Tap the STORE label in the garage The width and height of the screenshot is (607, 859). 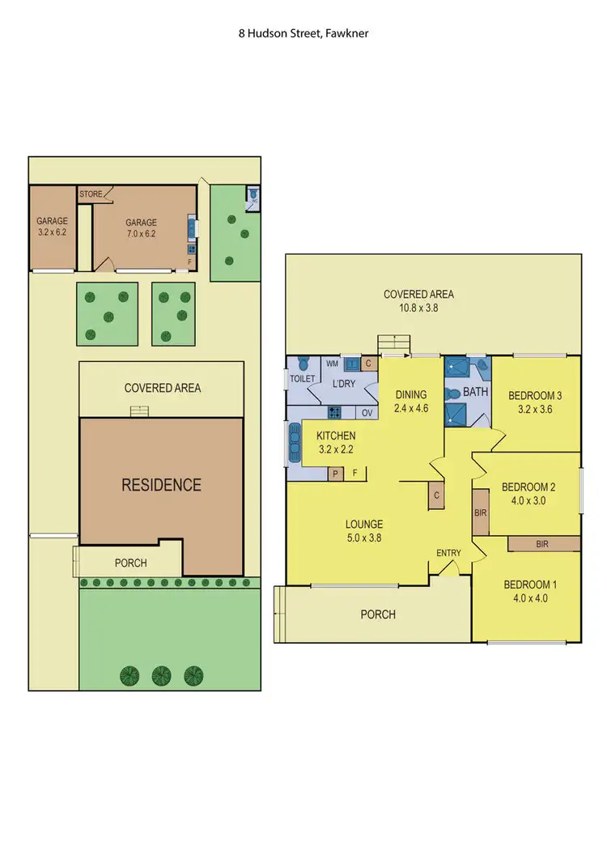91,194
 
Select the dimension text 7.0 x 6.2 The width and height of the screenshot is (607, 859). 141,234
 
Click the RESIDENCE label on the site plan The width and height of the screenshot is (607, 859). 161,486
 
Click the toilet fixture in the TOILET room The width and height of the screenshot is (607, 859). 303,364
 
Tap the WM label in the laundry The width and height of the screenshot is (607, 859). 331,364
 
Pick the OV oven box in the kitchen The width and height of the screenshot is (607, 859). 367,413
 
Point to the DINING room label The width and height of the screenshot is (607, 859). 410,395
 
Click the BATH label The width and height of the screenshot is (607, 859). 475,392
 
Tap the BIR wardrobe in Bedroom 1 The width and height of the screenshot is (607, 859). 542,544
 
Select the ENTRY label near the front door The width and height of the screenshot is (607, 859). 448,553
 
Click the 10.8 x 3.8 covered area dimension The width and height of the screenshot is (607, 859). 418,308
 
